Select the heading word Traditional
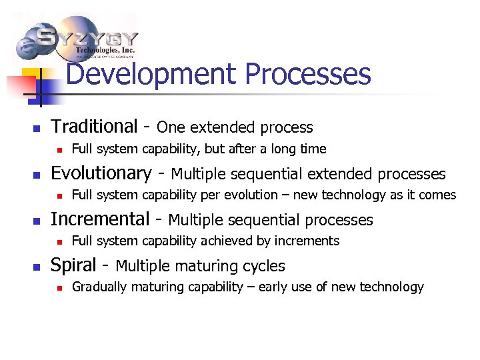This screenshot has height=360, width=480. [x=94, y=127]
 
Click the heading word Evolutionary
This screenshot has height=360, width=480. [x=101, y=173]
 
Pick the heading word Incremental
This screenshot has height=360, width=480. [x=100, y=219]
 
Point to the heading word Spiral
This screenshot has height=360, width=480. [x=74, y=265]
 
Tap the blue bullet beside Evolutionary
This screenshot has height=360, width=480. [x=37, y=175]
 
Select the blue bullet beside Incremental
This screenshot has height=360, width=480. [x=37, y=221]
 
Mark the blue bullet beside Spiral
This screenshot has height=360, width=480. [x=37, y=267]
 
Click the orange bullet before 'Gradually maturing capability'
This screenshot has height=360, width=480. [x=59, y=288]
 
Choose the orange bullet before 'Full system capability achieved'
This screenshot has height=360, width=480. [x=59, y=242]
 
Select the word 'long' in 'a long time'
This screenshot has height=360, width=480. [x=284, y=149]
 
